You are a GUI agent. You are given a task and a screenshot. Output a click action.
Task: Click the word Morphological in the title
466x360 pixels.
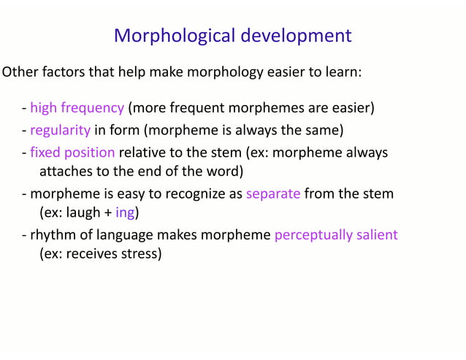click(172, 35)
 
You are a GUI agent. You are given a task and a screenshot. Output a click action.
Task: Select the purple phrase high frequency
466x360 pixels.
click(77, 108)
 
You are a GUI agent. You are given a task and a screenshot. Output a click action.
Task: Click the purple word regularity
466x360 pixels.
click(60, 131)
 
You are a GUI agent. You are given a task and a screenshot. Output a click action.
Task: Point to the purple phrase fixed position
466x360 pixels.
click(72, 153)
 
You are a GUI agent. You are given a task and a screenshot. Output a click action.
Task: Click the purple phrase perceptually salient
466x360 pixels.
click(336, 234)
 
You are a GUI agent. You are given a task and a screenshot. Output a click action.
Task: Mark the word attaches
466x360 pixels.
click(65, 172)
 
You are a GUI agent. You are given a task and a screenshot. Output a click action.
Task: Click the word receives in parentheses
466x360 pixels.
click(89, 254)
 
